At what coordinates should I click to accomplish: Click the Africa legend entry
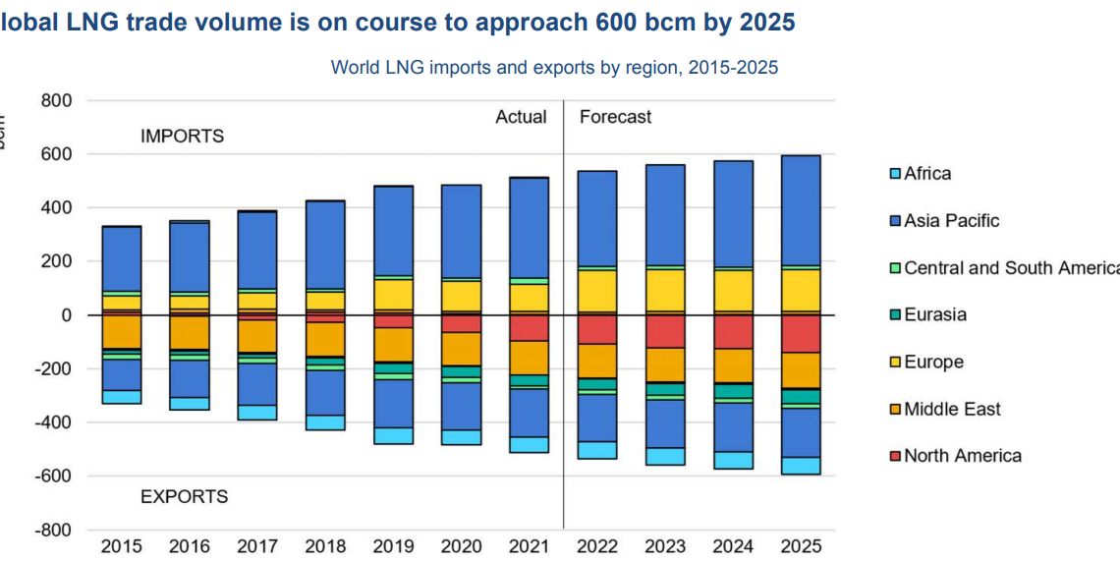pyautogui.click(x=926, y=174)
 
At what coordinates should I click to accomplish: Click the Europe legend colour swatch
pyautogui.click(x=895, y=363)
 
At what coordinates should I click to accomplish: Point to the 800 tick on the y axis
pyautogui.click(x=56, y=101)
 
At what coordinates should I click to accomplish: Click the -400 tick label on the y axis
pyautogui.click(x=52, y=422)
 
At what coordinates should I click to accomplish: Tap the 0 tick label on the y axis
pyautogui.click(x=67, y=315)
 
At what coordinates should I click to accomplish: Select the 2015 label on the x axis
pyautogui.click(x=121, y=546)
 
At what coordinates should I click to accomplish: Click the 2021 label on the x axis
pyautogui.click(x=529, y=546)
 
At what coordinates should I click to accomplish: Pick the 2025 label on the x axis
pyautogui.click(x=800, y=546)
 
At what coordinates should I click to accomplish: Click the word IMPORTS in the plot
pyautogui.click(x=182, y=137)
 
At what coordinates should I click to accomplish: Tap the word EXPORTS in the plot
pyautogui.click(x=184, y=497)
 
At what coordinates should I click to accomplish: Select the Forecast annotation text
pyautogui.click(x=615, y=117)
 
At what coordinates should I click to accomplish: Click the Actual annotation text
pyautogui.click(x=521, y=117)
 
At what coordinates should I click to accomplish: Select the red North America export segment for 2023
pyautogui.click(x=664, y=331)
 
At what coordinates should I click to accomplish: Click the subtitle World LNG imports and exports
pyautogui.click(x=554, y=68)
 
